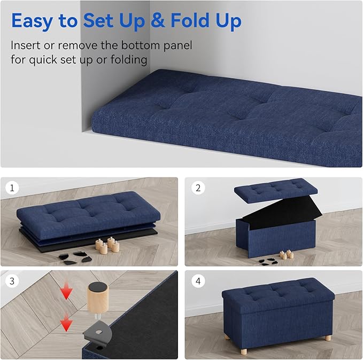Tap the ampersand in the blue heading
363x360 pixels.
tap(158, 21)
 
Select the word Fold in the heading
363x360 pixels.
tap(192, 21)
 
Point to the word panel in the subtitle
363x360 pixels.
tap(174, 45)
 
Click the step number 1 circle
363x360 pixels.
tap(12, 188)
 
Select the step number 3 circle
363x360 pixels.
tap(12, 280)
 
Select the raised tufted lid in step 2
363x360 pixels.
tap(275, 190)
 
